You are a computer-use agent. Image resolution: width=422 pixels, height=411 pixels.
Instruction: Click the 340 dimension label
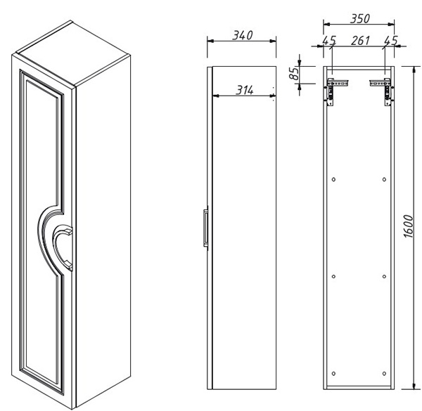(243, 35)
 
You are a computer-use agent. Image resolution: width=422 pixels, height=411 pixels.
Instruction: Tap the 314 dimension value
(245, 91)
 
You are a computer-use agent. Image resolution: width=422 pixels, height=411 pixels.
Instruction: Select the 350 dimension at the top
(360, 18)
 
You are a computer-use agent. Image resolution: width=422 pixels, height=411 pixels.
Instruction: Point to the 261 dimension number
(360, 41)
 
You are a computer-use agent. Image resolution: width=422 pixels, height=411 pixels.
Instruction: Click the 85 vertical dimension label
(294, 73)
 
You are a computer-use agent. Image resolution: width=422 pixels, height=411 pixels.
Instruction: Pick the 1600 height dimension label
(408, 226)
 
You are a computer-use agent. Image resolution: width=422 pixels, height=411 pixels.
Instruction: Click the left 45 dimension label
(329, 41)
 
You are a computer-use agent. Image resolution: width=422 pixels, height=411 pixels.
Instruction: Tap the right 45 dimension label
(390, 41)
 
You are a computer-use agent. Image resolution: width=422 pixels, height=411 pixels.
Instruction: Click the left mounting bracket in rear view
(335, 91)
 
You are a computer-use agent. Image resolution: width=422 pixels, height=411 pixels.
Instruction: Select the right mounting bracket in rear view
(383, 91)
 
